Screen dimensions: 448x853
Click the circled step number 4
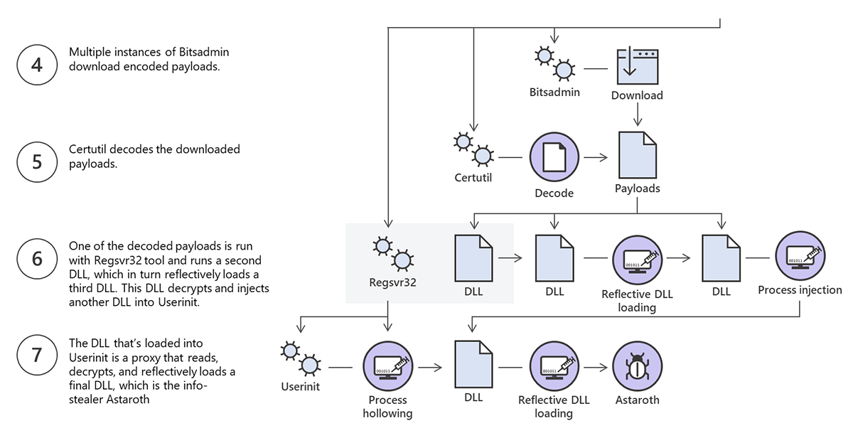[x=37, y=65]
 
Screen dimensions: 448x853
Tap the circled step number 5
[x=37, y=161]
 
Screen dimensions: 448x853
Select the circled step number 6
[x=37, y=258]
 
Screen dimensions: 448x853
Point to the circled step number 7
[x=37, y=355]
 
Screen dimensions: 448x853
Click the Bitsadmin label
[x=554, y=92]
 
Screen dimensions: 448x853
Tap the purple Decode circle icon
[x=554, y=157]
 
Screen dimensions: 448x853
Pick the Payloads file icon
[x=637, y=155]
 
